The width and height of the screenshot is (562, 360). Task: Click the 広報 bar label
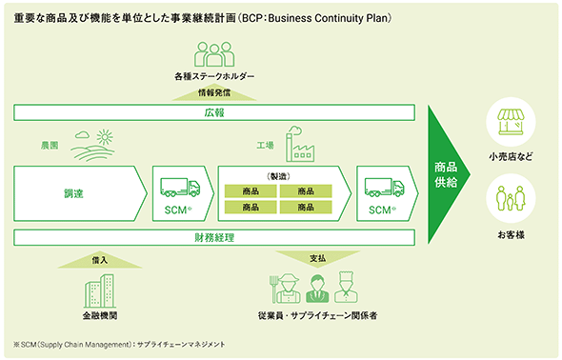(214, 112)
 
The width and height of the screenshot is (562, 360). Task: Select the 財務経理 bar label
(214, 237)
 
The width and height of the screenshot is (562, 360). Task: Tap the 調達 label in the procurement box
(73, 193)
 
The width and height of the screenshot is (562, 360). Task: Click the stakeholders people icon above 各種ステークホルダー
(214, 54)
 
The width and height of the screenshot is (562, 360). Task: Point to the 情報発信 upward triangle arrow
(214, 92)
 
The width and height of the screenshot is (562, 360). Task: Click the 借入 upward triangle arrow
(100, 260)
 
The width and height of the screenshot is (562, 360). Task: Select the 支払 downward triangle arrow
(317, 259)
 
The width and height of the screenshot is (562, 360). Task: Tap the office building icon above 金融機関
(100, 291)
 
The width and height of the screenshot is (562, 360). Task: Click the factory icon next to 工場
(300, 144)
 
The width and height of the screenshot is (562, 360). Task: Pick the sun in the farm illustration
(105, 137)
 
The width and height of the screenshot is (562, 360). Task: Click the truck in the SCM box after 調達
(180, 188)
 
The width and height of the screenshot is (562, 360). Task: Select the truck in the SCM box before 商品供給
(384, 188)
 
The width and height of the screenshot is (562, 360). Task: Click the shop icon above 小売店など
(511, 123)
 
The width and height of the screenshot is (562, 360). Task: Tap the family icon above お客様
(511, 198)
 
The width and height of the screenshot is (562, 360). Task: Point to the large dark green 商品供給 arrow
(446, 175)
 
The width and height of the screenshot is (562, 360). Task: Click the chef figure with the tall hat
(346, 288)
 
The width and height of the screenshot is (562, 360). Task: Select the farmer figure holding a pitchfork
(286, 289)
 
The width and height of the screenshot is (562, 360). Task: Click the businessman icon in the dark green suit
(317, 289)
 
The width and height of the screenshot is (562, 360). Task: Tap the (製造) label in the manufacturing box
(278, 176)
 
